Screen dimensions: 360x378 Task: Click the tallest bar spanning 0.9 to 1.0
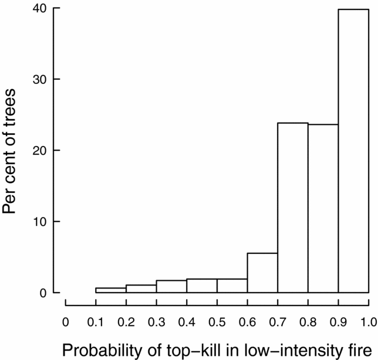pyautogui.click(x=354, y=151)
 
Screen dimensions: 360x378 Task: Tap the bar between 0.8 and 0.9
pyautogui.click(x=323, y=208)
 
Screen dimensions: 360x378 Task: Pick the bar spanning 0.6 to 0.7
pyautogui.click(x=262, y=274)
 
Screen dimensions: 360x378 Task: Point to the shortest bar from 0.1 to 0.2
pyautogui.click(x=110, y=290)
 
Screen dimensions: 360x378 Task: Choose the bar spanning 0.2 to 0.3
pyautogui.click(x=141, y=289)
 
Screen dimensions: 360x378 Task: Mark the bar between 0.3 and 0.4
pyautogui.click(x=171, y=287)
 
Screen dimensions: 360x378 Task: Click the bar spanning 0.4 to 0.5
pyautogui.click(x=202, y=286)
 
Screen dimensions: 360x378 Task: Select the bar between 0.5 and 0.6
pyautogui.click(x=232, y=286)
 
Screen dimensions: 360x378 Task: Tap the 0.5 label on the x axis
pyautogui.click(x=217, y=321)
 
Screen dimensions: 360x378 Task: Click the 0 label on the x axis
pyautogui.click(x=65, y=321)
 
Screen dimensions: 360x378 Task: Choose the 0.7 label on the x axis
pyautogui.click(x=278, y=321)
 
